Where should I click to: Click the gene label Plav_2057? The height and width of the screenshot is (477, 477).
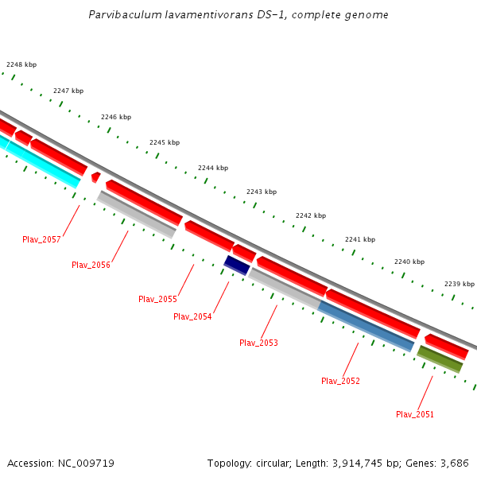click(x=41, y=239)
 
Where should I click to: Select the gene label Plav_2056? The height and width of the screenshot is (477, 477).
click(x=91, y=265)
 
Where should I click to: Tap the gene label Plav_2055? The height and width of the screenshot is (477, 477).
click(x=157, y=299)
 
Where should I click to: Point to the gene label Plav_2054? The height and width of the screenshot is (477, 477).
click(x=192, y=316)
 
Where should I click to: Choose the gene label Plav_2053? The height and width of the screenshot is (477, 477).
click(x=258, y=343)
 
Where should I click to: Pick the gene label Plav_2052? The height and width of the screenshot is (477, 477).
click(x=340, y=381)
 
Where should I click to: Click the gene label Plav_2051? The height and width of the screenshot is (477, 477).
click(x=415, y=414)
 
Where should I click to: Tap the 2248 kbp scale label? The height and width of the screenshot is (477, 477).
click(x=21, y=64)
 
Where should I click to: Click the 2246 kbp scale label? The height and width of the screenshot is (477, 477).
click(x=115, y=117)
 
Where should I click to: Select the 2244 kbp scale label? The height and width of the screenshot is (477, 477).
click(x=213, y=168)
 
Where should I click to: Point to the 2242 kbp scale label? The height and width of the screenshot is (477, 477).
click(x=310, y=215)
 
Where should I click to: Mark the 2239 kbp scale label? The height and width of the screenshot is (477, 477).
click(x=459, y=284)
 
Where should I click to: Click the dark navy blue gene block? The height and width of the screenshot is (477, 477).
click(x=237, y=265)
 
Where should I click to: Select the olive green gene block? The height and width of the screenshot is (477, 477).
click(x=440, y=359)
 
